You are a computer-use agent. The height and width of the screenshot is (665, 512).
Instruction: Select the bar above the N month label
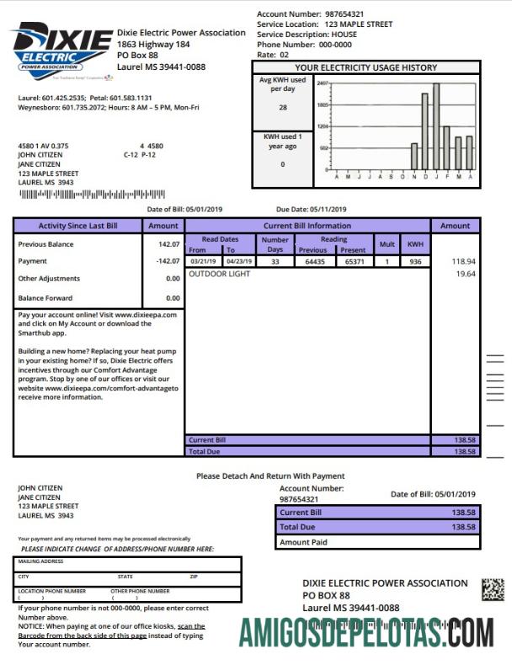tap(414, 157)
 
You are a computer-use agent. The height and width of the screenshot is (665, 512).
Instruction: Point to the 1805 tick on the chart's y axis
tap(323, 105)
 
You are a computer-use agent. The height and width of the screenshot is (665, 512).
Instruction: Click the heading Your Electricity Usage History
tap(365, 67)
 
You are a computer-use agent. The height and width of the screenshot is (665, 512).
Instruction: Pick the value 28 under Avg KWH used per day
tap(282, 108)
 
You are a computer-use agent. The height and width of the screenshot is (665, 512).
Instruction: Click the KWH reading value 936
tap(414, 262)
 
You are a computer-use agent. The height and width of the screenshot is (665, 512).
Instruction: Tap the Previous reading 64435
tap(312, 262)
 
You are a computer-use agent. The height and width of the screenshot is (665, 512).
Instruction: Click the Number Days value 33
tap(275, 262)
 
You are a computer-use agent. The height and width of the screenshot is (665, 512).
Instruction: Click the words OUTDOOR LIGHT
tap(219, 274)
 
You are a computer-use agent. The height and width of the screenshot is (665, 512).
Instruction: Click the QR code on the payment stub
tap(492, 589)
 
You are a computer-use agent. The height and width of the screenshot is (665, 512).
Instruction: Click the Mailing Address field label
tap(41, 561)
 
